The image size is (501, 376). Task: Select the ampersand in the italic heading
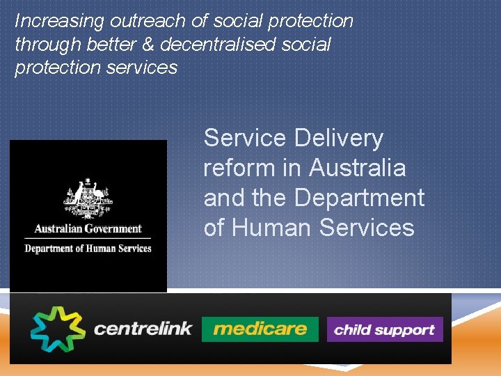tap(150, 45)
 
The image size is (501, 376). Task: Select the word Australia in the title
tap(358, 169)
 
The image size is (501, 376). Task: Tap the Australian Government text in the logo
tap(88, 228)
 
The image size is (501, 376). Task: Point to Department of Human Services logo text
tap(88, 249)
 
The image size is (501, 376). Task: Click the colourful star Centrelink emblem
tap(57, 329)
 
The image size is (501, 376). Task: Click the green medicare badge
tap(260, 329)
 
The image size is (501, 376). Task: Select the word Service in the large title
tap(244, 139)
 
